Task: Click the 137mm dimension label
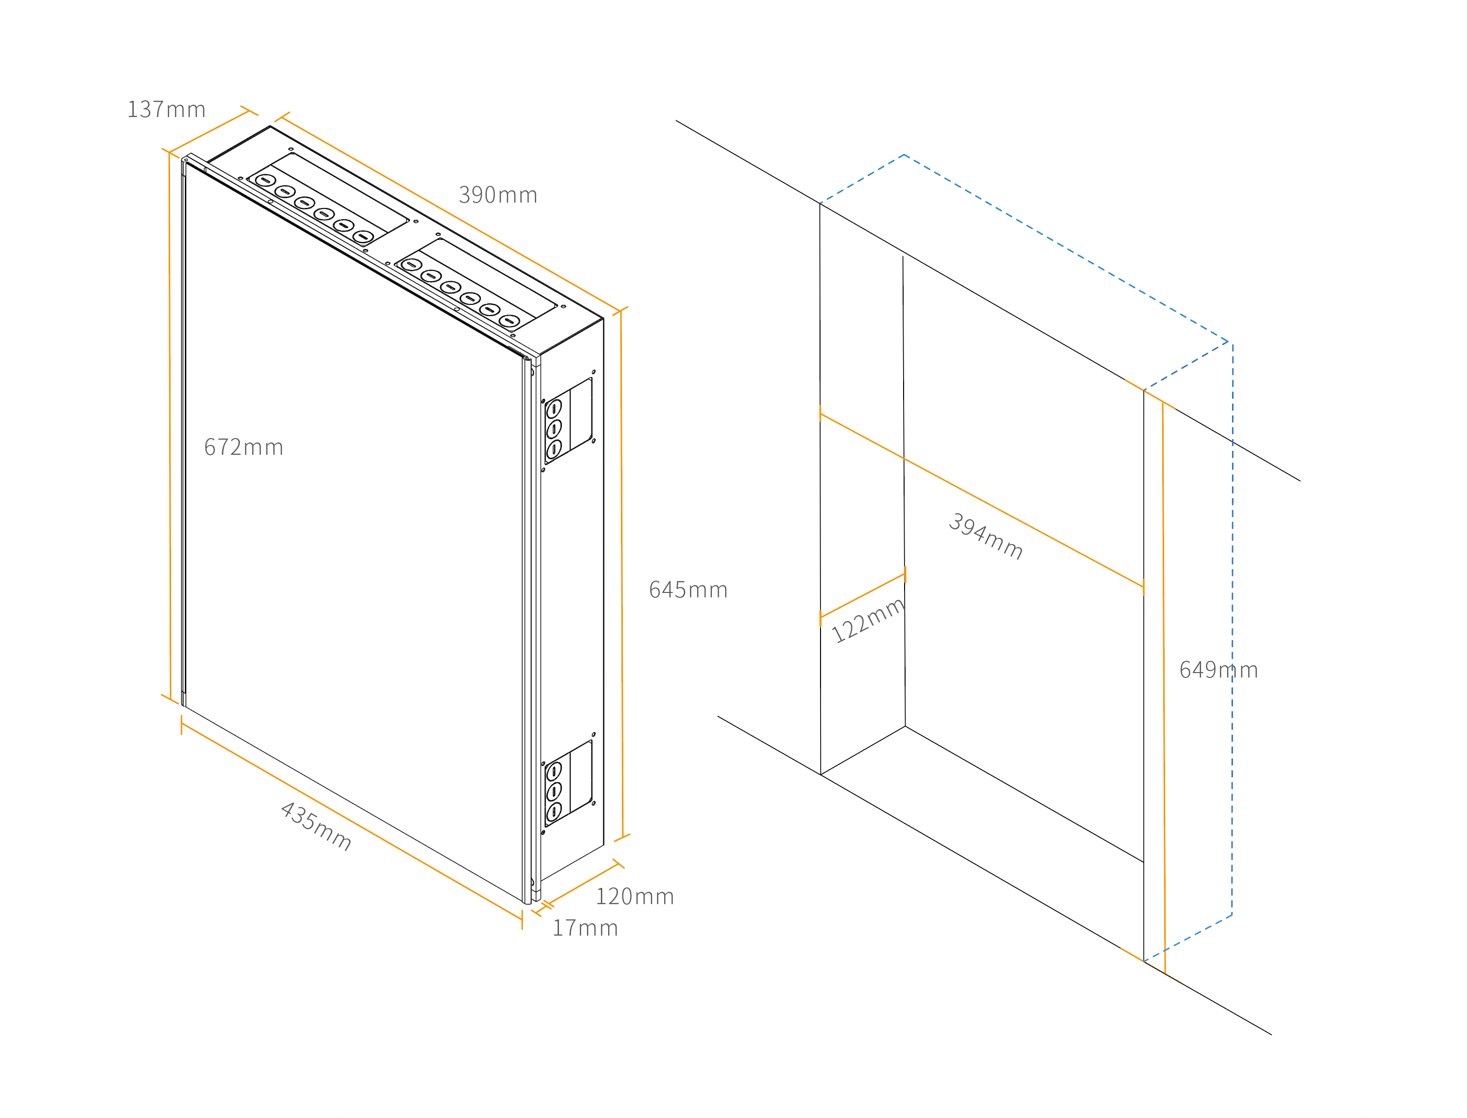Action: [166, 109]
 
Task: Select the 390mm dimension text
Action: [498, 195]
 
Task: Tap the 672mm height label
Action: [243, 447]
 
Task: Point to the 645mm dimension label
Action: [688, 589]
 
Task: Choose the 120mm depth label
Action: [634, 896]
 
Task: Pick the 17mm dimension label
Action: [585, 928]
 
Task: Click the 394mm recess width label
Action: [985, 536]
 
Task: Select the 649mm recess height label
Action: [1218, 670]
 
